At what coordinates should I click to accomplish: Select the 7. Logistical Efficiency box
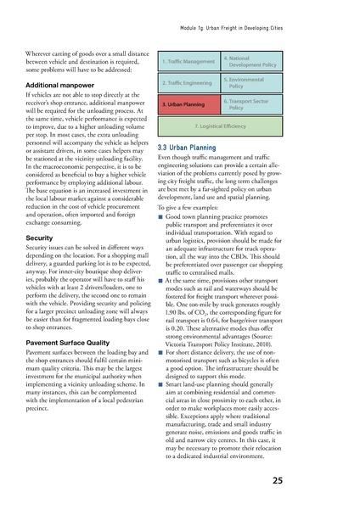217,126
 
